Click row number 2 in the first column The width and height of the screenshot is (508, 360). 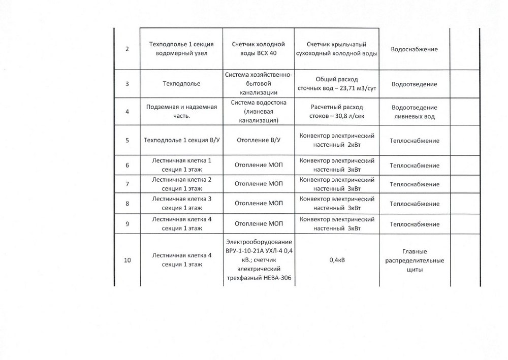[x=126, y=49]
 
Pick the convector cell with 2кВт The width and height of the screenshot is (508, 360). [x=335, y=141]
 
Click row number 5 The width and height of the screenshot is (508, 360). [x=126, y=141]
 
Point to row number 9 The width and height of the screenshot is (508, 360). [x=126, y=223]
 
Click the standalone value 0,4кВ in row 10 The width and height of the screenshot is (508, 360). [x=335, y=260]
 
